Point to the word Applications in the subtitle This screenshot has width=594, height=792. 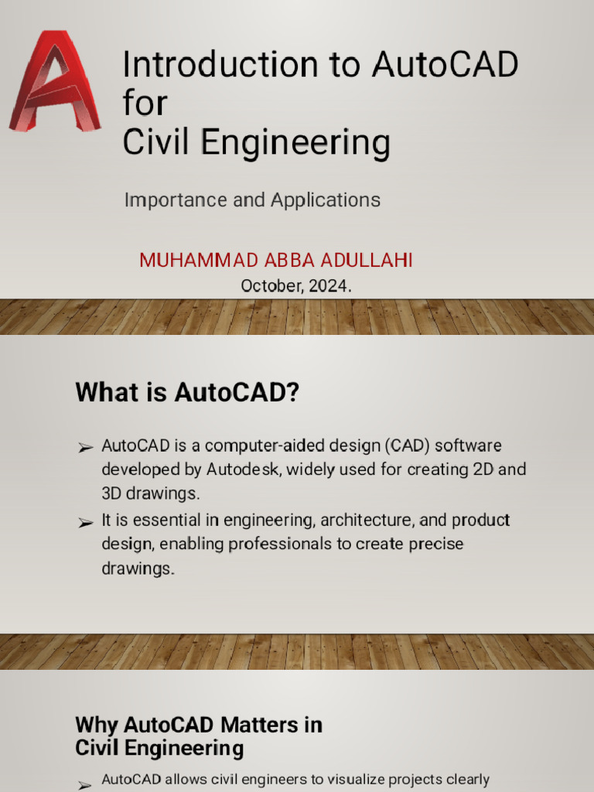click(x=326, y=200)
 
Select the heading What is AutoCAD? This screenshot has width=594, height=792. click(x=187, y=393)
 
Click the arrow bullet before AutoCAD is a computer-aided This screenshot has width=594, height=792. click(x=85, y=448)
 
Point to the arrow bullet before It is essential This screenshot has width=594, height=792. click(x=85, y=524)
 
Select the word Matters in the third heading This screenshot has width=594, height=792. click(x=258, y=725)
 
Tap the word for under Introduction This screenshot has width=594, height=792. click(x=145, y=104)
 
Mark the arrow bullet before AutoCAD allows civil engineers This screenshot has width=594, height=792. click(x=85, y=784)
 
